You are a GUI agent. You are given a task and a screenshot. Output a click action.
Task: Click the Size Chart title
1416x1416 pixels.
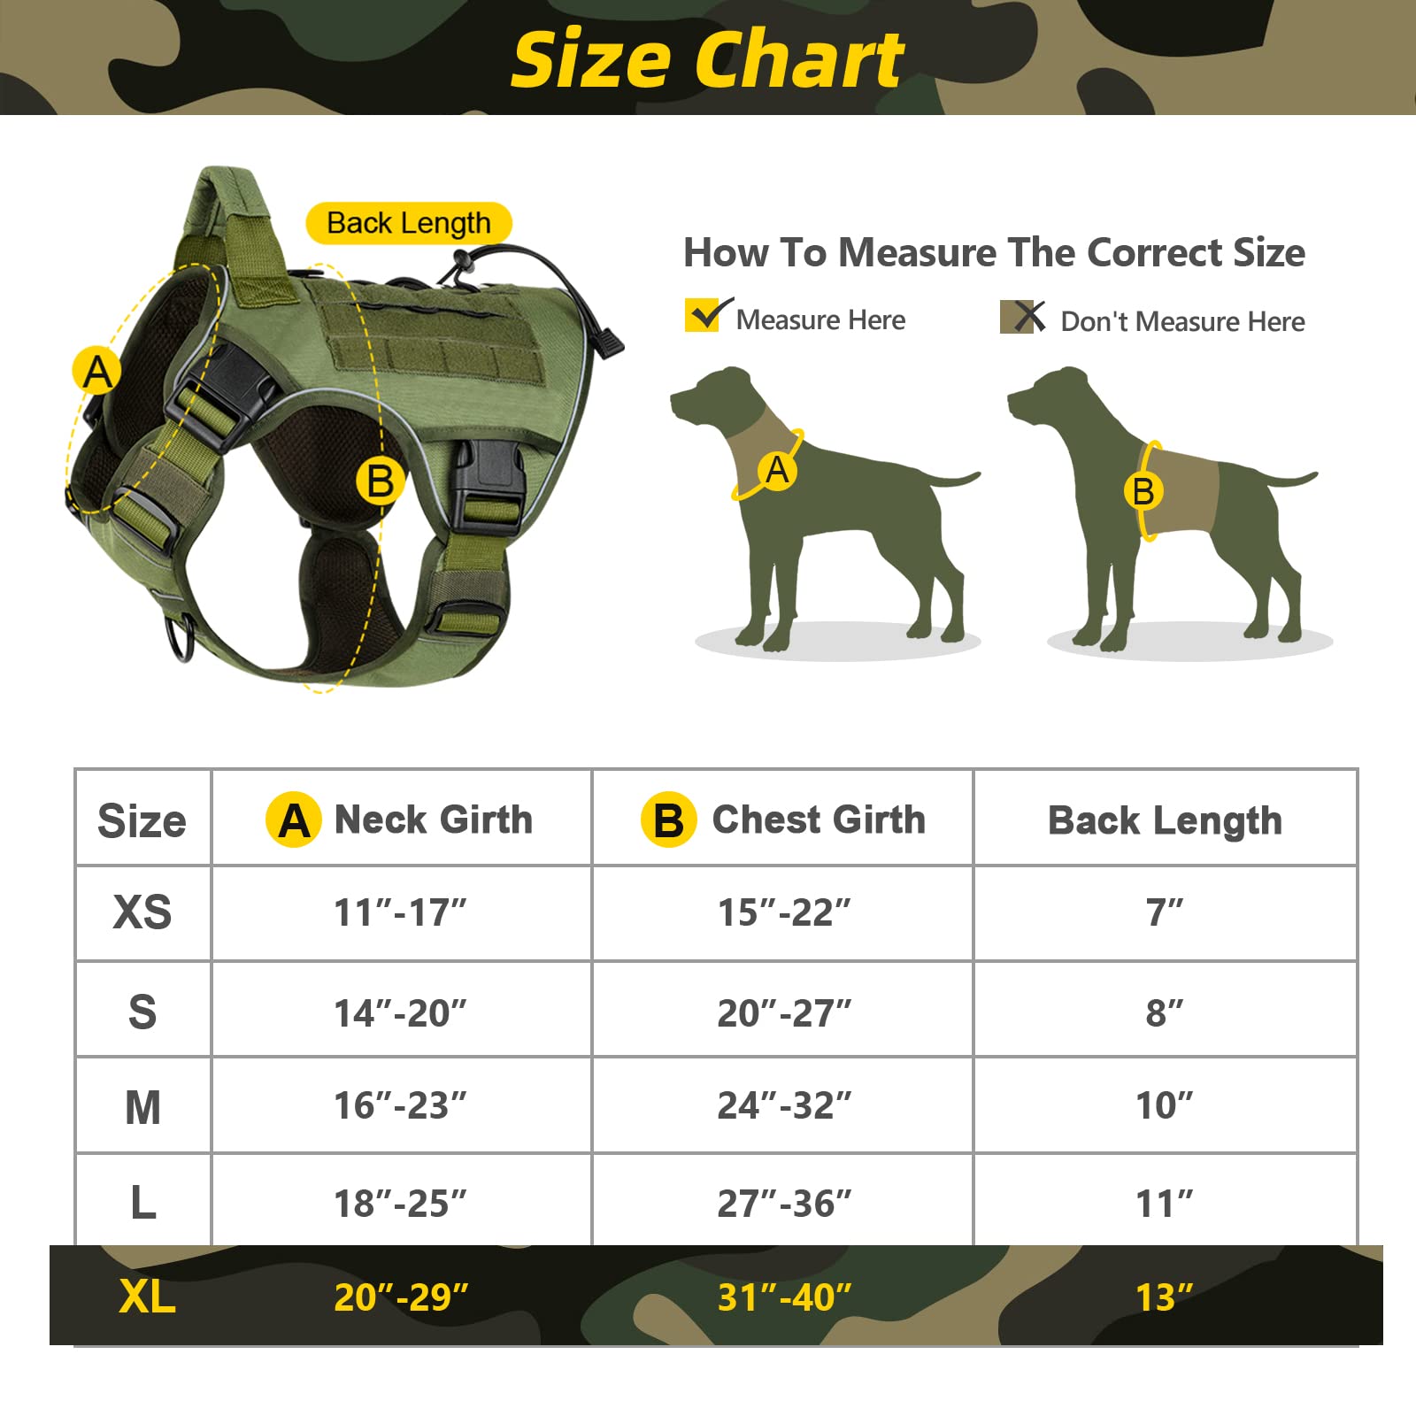[708, 60]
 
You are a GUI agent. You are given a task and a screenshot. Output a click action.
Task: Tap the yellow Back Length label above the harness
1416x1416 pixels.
[408, 223]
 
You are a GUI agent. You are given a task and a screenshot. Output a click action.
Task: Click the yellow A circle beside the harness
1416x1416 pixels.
[96, 371]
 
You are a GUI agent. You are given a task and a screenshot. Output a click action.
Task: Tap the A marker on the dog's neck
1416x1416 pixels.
[777, 470]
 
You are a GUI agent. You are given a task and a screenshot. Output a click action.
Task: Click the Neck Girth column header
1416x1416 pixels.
[401, 820]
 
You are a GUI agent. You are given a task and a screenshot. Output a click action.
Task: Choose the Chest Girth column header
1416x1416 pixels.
[783, 820]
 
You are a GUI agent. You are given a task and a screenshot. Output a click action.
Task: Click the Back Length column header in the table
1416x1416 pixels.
[1165, 820]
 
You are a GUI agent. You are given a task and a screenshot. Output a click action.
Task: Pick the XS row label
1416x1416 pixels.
[142, 912]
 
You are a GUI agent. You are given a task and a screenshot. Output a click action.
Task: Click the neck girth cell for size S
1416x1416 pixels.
[400, 1012]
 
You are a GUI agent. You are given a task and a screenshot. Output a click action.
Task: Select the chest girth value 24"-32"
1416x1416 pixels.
[784, 1105]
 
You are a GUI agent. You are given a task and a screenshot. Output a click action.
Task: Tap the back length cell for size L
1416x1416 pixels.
[1165, 1203]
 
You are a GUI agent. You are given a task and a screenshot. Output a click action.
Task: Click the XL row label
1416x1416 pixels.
[147, 1297]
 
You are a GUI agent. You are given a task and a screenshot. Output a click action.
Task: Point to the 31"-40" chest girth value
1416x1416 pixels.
[784, 1297]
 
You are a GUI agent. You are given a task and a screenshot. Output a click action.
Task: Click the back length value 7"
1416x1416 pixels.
[1165, 912]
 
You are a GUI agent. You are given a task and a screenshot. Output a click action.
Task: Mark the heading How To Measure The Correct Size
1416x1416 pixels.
[994, 253]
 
